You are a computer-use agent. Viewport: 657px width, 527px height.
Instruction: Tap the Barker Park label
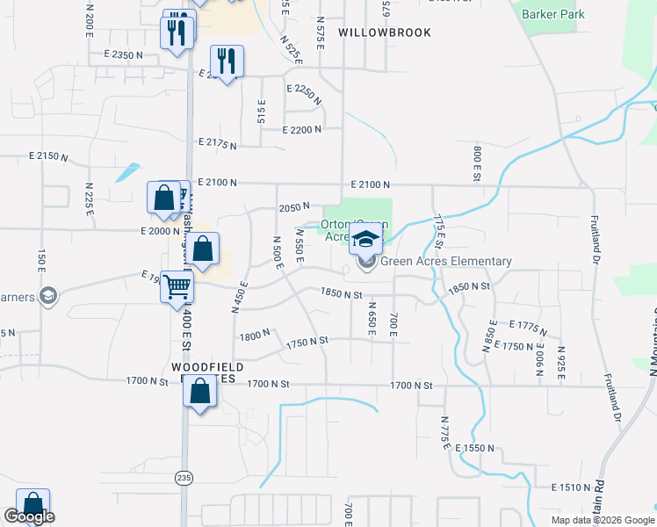coord(552,14)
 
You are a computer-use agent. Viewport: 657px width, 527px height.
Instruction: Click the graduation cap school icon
coord(365,236)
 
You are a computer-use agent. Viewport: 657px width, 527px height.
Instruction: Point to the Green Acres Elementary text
coord(445,261)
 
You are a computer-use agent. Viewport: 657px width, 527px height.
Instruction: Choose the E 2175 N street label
coord(220,141)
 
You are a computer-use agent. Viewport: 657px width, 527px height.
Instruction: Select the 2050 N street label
coord(294,208)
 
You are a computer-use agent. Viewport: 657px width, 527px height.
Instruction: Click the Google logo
coord(29,517)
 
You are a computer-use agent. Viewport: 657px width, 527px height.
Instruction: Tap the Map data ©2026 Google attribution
coord(603,520)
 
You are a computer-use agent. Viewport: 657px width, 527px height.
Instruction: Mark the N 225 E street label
coord(89,199)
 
